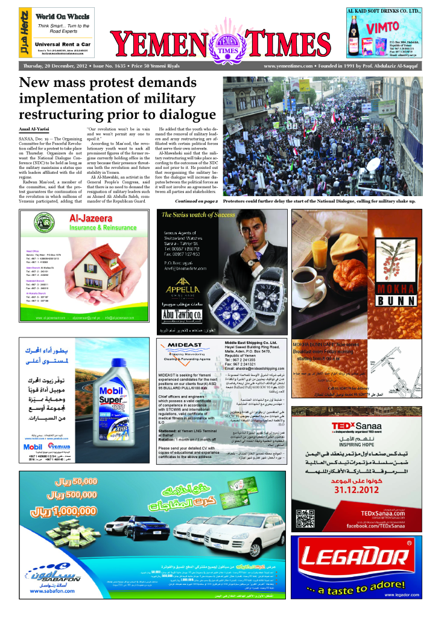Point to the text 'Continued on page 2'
point(197,200)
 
